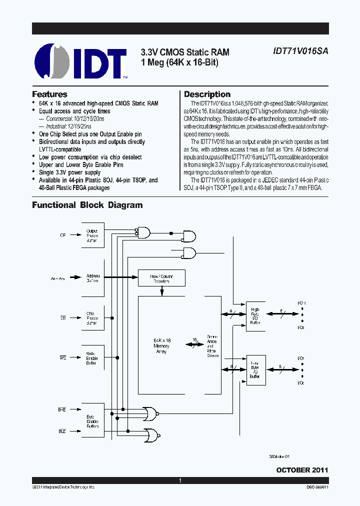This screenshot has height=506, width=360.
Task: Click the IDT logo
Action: point(80,62)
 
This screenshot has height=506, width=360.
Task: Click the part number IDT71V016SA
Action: point(300,51)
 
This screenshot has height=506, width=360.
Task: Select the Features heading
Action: point(49,94)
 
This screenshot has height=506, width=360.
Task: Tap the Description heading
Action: point(207,94)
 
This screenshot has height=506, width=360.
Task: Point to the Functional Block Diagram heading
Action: point(87,205)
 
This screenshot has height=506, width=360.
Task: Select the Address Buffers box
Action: point(93,278)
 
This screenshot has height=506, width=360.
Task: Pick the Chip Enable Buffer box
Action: point(93,318)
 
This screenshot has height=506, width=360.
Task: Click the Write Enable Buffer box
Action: point(93,358)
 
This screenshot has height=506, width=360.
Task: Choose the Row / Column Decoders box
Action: point(161,278)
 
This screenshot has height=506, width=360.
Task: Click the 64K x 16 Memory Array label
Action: point(161,345)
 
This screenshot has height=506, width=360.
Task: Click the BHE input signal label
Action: point(61,409)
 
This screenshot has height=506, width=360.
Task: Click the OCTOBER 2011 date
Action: point(302,470)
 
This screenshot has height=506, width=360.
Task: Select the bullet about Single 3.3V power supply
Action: point(69,172)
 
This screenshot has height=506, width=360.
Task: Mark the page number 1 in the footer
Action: point(180,480)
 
